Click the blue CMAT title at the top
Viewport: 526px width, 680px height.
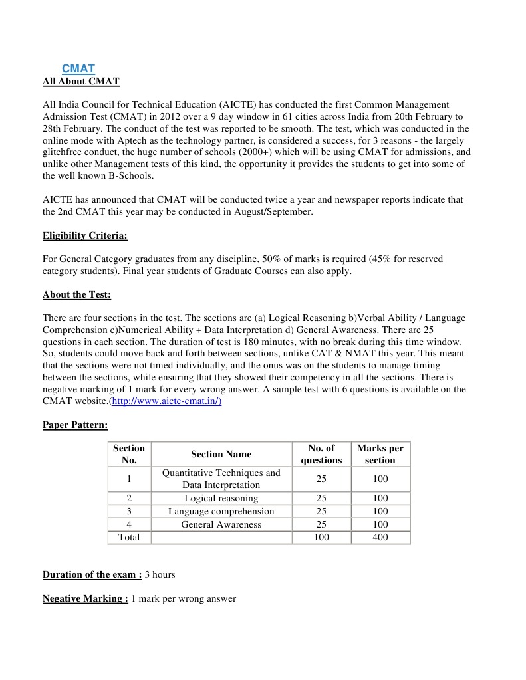[78, 68]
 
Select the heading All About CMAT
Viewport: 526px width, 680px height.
[81, 82]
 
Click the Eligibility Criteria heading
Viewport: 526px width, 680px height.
[85, 235]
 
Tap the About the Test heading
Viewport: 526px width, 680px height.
[77, 294]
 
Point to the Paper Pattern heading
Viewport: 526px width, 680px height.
[75, 424]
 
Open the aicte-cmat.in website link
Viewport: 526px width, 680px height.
[166, 401]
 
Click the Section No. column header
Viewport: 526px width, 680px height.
[129, 454]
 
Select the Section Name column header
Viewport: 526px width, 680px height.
[221, 454]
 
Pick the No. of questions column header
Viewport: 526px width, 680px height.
[321, 454]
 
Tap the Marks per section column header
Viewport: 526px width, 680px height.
[380, 454]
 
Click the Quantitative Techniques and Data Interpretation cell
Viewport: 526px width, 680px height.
[221, 479]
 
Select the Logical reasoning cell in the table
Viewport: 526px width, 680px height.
[221, 498]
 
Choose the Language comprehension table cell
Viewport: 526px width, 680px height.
[221, 511]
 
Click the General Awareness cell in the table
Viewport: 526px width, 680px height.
[221, 524]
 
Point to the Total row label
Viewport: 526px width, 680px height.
[129, 537]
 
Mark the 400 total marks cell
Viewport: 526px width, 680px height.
[380, 537]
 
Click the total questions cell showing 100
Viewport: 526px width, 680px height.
[321, 537]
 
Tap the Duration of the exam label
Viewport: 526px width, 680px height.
[92, 574]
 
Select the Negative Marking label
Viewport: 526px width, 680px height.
[85, 598]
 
